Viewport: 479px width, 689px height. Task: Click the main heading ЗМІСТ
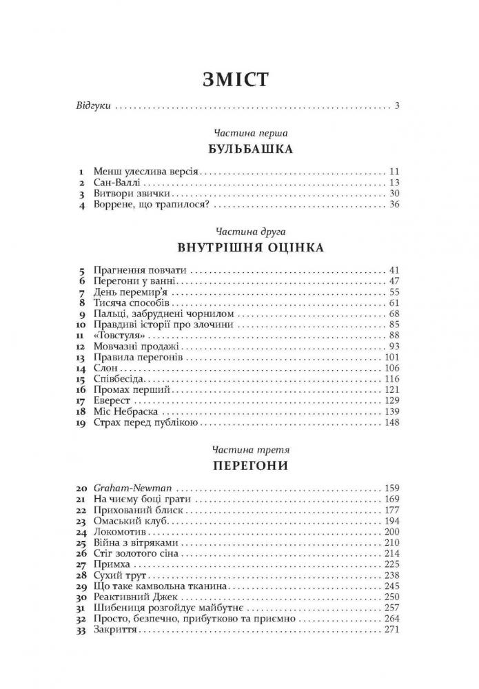tap(240, 79)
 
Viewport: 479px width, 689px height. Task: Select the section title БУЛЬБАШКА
tap(240, 149)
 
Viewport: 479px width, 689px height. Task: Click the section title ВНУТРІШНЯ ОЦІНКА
tap(240, 246)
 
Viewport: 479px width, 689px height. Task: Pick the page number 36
tap(394, 205)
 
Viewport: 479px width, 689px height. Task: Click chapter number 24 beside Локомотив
tap(81, 533)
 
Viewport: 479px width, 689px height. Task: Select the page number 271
tap(391, 631)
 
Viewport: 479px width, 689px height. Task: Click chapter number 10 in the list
tap(81, 324)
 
